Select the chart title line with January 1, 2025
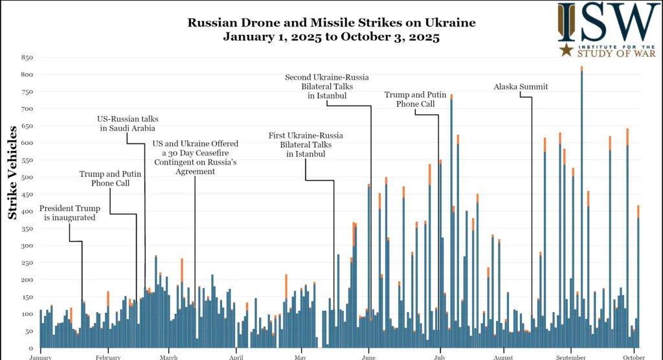coord(331,38)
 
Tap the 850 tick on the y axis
coord(27,58)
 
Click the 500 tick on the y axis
coord(27,177)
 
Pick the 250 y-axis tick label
coord(27,262)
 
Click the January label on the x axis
coord(40,356)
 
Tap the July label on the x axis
coord(439,356)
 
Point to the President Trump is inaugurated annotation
coord(70,213)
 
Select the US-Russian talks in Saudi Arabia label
coord(128,124)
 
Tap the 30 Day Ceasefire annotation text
coord(195,157)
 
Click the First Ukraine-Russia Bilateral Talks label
coord(306,144)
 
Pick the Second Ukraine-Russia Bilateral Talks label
coord(327,86)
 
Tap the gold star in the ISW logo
coord(567,50)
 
